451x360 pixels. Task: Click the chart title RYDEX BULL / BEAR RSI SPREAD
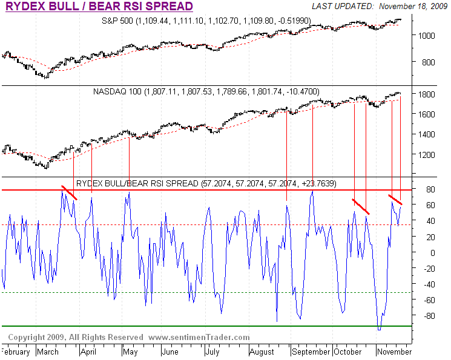[x=99, y=7]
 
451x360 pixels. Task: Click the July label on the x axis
[x=212, y=352]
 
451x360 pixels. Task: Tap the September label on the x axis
[x=311, y=352]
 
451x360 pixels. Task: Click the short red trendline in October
[x=361, y=206]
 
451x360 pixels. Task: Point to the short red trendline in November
[x=395, y=200]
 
